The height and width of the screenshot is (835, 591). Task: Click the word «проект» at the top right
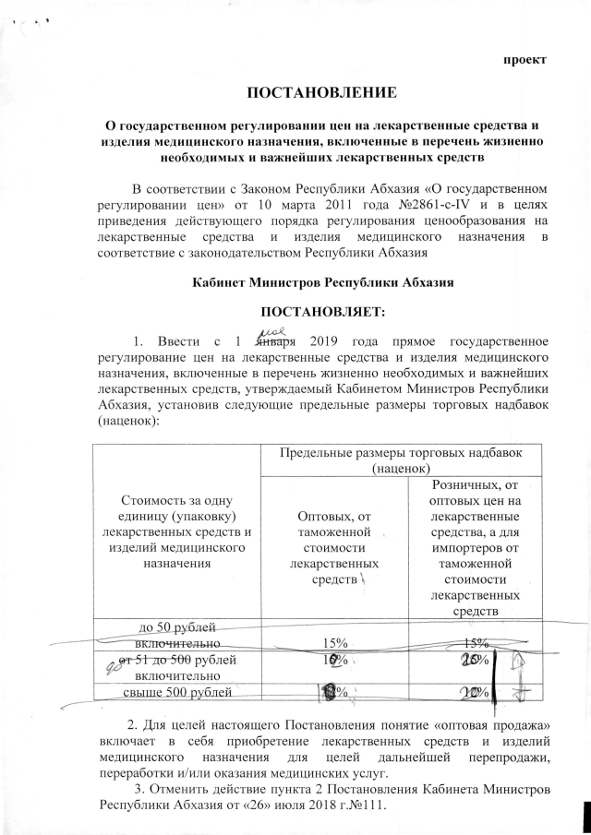coord(524,59)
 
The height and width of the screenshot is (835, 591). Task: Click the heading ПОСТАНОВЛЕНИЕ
coord(320,93)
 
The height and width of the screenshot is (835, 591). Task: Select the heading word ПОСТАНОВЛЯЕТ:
coord(320,309)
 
